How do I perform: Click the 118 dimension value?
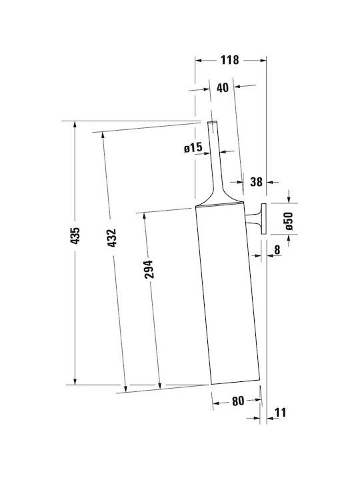(229, 60)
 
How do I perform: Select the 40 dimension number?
(223, 87)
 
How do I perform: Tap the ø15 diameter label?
(193, 148)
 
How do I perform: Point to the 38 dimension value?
(256, 182)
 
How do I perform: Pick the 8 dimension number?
(277, 250)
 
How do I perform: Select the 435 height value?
(75, 235)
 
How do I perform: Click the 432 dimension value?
(112, 238)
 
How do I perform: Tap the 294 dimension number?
(149, 269)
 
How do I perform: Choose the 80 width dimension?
(238, 401)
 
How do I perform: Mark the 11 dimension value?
(281, 413)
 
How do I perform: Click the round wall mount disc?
(263, 218)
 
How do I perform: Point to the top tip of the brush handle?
(213, 122)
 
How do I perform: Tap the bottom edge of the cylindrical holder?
(235, 382)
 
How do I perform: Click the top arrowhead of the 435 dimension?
(75, 125)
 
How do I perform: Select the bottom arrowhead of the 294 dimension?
(160, 386)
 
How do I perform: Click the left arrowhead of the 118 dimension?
(199, 60)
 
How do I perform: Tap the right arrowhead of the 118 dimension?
(263, 60)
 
